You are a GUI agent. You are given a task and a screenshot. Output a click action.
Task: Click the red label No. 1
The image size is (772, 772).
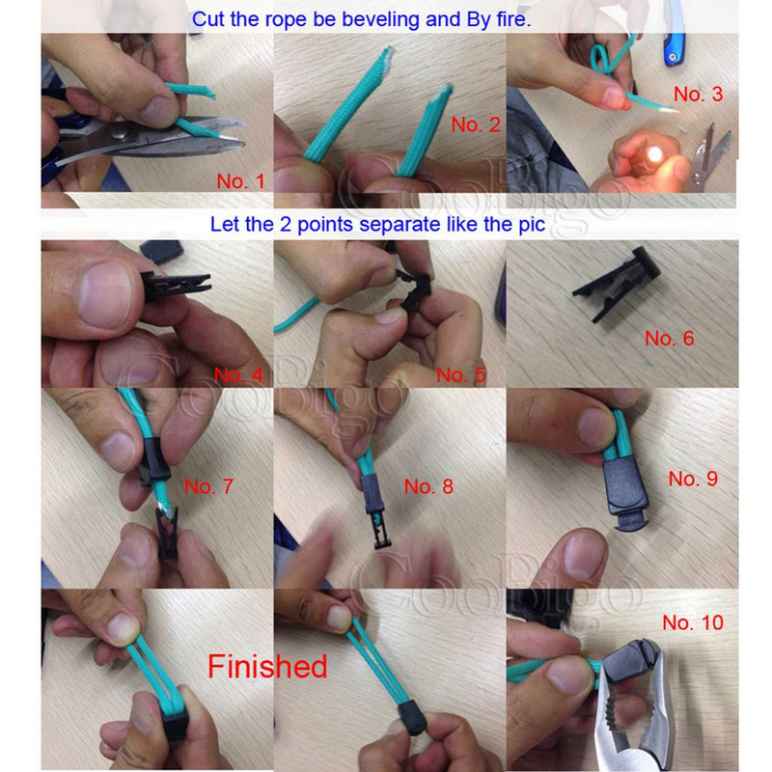[x=240, y=181]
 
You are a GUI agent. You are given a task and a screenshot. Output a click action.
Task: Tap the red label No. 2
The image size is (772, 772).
[x=476, y=124]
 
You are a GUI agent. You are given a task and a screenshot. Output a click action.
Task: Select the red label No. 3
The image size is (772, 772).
[x=698, y=94]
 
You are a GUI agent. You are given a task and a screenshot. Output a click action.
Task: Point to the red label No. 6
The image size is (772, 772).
[x=670, y=339]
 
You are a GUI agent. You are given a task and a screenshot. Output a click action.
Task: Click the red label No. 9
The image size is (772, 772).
[x=693, y=479]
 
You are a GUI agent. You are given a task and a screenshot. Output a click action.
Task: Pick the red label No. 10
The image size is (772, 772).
[x=693, y=622]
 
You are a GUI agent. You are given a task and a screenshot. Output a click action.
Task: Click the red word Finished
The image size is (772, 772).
[x=267, y=667]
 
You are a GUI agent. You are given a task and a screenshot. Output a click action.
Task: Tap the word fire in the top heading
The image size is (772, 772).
[x=511, y=19]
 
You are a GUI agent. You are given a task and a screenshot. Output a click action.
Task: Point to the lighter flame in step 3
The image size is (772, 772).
[x=655, y=154]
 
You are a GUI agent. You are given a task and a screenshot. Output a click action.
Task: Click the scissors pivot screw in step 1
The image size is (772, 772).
[x=119, y=132]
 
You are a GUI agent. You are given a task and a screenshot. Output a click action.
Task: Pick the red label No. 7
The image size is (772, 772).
[x=208, y=486]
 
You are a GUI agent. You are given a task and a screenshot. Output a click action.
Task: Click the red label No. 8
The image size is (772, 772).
[x=428, y=486]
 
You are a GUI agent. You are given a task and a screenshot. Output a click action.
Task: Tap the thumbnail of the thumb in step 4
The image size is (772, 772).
[x=104, y=294]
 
